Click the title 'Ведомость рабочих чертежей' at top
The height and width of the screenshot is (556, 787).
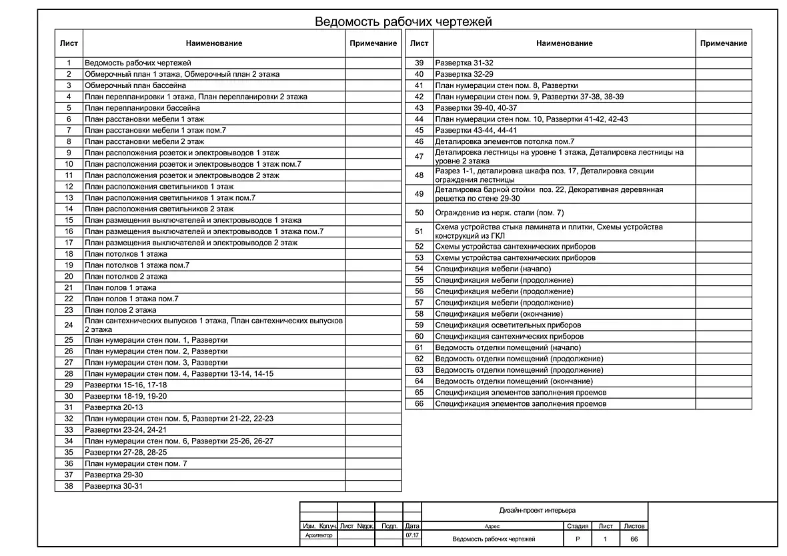(403, 22)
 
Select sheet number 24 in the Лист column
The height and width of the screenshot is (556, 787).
(68, 325)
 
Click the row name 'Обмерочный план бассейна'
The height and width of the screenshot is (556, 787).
(135, 85)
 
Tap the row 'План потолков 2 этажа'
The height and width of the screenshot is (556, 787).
(126, 276)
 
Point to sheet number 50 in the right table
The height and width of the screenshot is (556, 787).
(419, 213)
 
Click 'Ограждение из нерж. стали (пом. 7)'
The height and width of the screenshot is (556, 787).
(499, 213)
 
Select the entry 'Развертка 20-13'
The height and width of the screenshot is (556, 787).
(114, 407)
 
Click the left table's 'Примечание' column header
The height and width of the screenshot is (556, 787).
(373, 43)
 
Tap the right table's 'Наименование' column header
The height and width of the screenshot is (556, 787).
(564, 43)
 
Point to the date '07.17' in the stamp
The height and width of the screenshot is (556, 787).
(412, 535)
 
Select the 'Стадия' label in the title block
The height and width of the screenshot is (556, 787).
(577, 526)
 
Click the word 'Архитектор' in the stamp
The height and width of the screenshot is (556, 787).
(318, 535)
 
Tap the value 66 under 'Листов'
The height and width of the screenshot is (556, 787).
(634, 539)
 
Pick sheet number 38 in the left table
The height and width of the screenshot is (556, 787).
(68, 486)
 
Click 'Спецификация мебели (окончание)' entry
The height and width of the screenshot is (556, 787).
(498, 313)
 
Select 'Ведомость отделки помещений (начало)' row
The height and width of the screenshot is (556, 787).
(508, 347)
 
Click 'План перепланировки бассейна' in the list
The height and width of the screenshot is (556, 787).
(142, 107)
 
